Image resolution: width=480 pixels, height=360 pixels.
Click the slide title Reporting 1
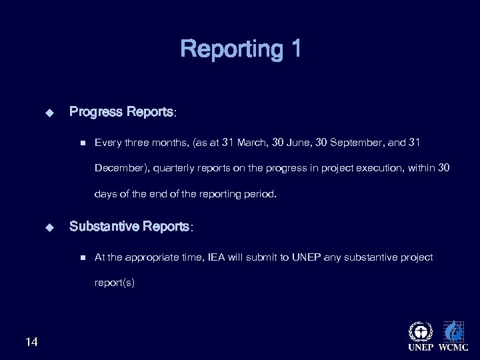click(x=240, y=49)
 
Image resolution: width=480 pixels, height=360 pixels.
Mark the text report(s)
click(x=115, y=283)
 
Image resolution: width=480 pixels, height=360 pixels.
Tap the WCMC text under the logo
click(x=453, y=349)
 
